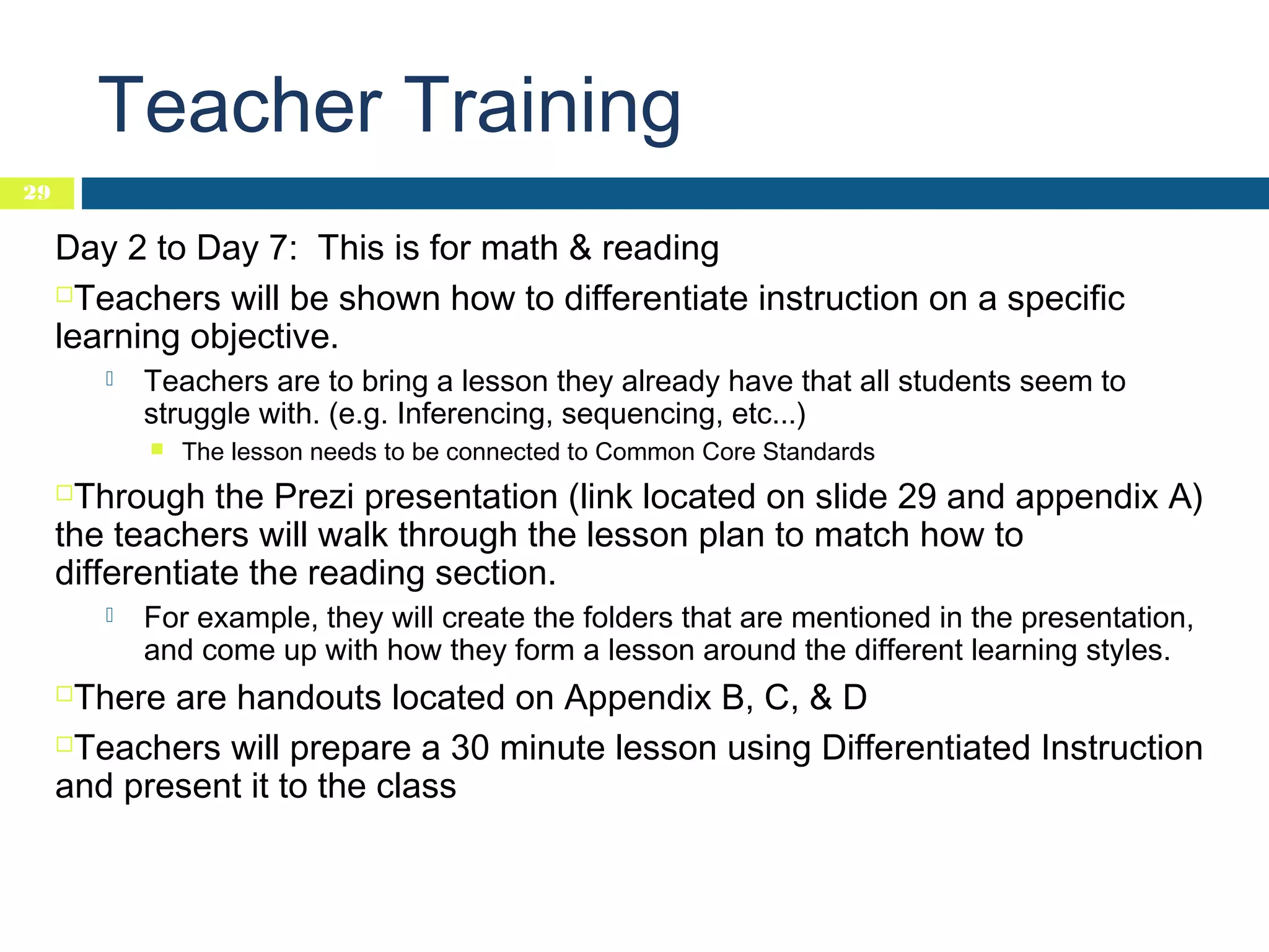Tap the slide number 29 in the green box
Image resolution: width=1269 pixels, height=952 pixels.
(x=37, y=193)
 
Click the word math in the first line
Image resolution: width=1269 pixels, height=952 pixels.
(x=519, y=249)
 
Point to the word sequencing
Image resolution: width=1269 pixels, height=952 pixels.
(x=641, y=414)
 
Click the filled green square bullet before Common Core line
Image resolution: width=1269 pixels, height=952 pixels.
(x=157, y=449)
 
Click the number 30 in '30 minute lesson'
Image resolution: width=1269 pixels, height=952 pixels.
(x=470, y=748)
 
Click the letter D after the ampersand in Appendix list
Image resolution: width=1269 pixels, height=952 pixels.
(x=854, y=698)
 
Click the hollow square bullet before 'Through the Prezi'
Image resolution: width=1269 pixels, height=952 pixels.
(x=64, y=493)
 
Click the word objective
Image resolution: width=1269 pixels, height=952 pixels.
(x=264, y=337)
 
